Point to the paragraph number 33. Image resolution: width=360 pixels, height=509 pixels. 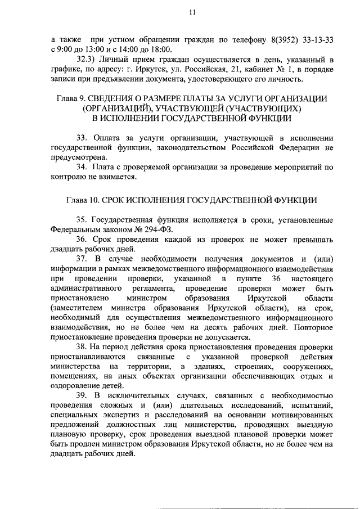click(82, 138)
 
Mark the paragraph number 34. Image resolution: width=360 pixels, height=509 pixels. click(82, 167)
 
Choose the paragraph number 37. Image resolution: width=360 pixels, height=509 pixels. click(82, 258)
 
